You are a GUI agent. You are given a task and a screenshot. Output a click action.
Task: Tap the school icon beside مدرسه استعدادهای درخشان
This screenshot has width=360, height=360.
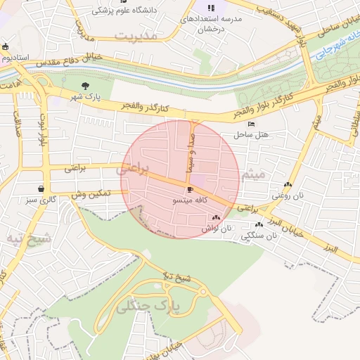(211, 8)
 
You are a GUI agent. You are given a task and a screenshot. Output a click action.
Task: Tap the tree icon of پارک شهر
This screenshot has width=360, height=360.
(86, 85)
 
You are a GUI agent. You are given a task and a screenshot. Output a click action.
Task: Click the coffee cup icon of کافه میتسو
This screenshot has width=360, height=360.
(190, 191)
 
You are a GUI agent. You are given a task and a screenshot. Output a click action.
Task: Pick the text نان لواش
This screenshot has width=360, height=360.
(217, 229)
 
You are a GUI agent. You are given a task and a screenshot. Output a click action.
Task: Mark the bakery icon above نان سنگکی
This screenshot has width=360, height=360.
(259, 225)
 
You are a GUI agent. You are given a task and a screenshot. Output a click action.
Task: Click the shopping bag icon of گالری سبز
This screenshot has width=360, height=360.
(42, 188)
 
